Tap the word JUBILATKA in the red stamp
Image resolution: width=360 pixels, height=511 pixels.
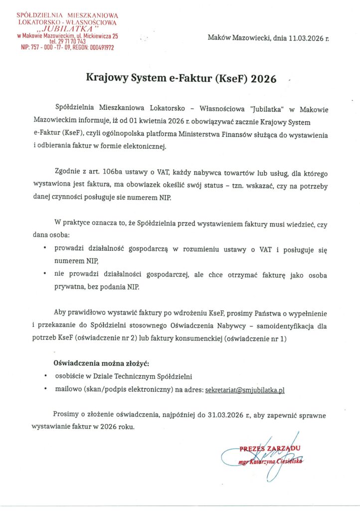tap(67, 29)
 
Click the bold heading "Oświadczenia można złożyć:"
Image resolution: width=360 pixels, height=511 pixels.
tap(101, 362)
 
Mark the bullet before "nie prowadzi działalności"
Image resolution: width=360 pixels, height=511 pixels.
tap(46, 274)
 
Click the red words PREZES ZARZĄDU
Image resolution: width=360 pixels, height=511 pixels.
tap(270, 449)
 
